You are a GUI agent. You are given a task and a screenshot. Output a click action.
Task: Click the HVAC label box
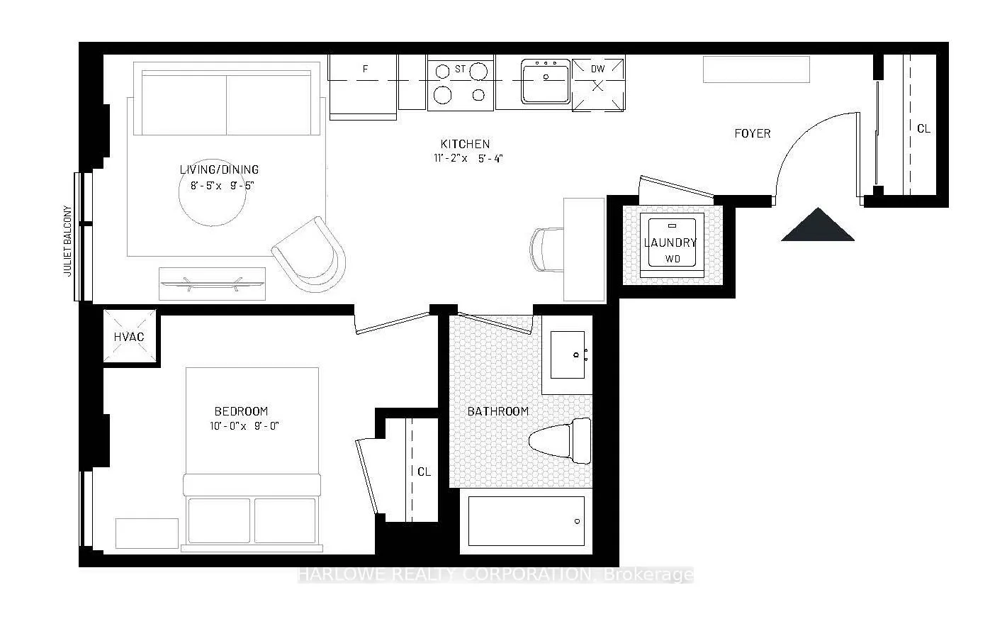tap(129, 337)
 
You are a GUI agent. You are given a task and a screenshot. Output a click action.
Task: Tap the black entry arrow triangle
tap(817, 227)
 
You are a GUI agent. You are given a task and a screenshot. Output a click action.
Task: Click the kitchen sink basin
tap(546, 82)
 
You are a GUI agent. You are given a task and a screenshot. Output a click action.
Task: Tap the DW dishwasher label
tap(597, 69)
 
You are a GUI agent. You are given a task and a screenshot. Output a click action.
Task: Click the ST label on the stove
tap(460, 69)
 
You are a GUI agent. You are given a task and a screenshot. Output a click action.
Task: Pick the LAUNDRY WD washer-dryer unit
tap(671, 242)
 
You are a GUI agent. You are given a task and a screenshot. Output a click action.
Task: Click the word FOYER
tap(752, 133)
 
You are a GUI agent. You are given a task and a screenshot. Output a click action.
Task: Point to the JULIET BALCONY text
tap(69, 241)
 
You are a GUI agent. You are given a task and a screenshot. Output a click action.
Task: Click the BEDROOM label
tap(241, 411)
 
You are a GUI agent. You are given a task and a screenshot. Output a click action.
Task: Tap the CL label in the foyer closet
tap(923, 129)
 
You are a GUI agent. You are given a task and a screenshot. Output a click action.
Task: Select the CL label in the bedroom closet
tap(424, 472)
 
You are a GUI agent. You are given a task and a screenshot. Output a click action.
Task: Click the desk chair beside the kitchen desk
tap(546, 248)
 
